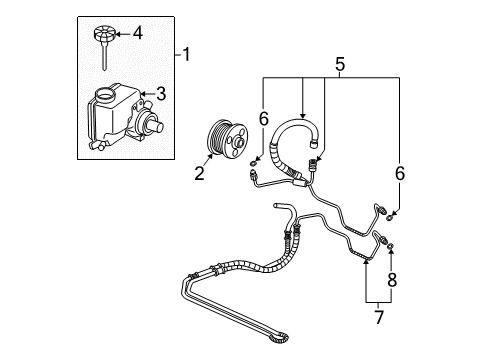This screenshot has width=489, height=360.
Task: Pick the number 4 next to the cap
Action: [137, 33]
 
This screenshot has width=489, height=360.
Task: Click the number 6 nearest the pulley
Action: [263, 118]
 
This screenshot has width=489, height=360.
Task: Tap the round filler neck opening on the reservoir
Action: [104, 95]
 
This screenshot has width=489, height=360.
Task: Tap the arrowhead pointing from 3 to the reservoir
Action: [148, 94]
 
